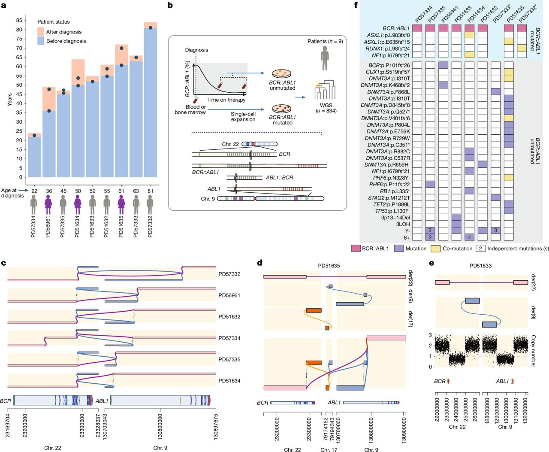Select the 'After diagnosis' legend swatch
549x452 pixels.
coord(41,32)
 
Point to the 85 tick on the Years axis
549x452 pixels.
coord(19,20)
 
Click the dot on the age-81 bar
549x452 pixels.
coord(150,28)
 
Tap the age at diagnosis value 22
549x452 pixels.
coord(34,191)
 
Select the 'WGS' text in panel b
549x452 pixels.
coord(326,105)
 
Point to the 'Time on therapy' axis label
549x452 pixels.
coord(226,100)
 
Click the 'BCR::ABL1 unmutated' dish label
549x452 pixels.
coord(282,85)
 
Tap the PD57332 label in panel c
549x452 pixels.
coord(229,274)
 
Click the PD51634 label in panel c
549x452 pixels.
coord(229,381)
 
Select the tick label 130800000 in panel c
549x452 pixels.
coord(160,427)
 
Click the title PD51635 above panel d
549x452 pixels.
coord(329,266)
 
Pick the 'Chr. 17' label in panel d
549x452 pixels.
coord(329,450)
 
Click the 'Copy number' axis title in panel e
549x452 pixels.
coord(533,351)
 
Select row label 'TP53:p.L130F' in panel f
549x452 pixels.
coord(392,211)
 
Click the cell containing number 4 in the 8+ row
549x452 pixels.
coord(469,237)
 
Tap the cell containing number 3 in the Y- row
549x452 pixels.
coord(495,231)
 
